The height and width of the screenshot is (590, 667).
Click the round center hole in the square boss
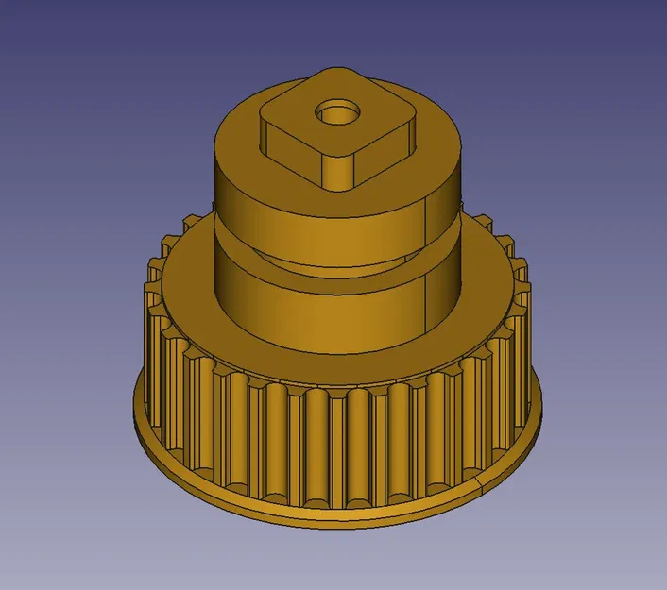click(337, 114)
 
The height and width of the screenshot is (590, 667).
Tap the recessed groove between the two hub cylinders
click(312, 260)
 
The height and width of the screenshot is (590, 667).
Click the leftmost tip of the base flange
click(133, 401)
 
